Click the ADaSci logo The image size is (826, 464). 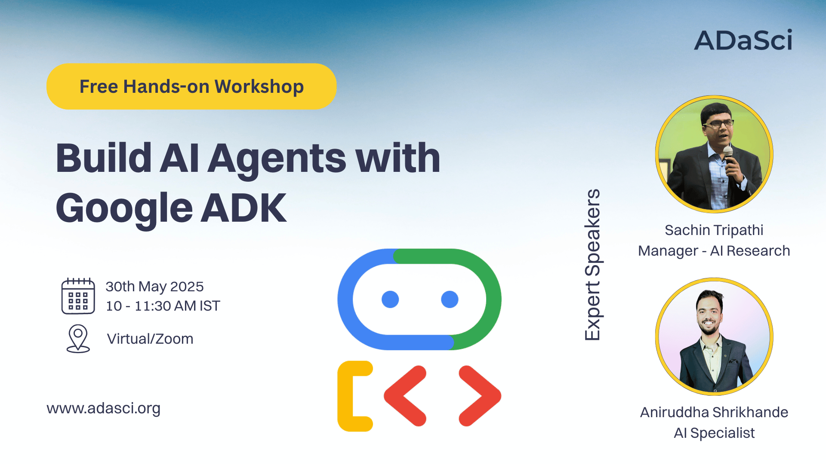point(743,40)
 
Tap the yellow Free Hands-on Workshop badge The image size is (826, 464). point(191,86)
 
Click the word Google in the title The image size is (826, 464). point(124,209)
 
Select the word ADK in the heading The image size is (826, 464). point(244,208)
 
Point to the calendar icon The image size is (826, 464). point(78,296)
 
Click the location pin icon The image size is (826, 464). point(78,339)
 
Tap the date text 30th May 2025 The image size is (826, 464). point(155,287)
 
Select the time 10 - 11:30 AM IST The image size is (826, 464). point(163,306)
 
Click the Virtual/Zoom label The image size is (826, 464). point(150,339)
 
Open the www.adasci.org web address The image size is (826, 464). point(104,408)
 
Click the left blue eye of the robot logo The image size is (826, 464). point(390,299)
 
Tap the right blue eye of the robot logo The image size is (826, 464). point(450,299)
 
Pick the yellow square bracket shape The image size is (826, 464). point(345,396)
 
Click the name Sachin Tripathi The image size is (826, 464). point(714,230)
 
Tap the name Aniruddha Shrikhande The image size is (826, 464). point(714,412)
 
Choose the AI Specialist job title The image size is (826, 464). point(714,433)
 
